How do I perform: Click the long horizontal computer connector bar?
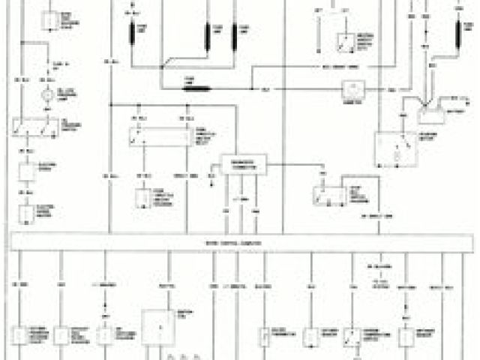coord(240,243)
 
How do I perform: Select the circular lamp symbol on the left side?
coord(46,96)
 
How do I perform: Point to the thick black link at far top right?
coord(458,34)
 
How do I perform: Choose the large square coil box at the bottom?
coord(157,324)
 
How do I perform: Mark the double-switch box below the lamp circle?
coord(34,130)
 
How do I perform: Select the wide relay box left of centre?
coord(159,136)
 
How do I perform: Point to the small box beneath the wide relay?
coord(143,198)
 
